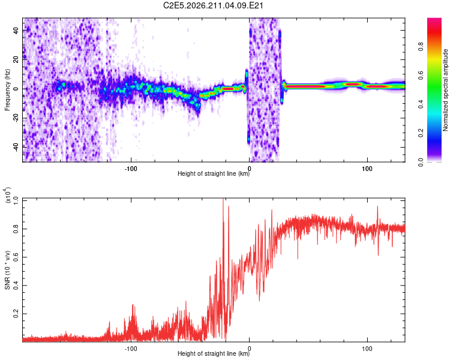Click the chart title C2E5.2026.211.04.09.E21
point(213,5)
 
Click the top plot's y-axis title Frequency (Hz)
point(7,90)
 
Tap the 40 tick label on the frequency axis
point(16,30)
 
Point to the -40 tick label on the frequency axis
point(16,147)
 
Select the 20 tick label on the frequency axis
point(16,59)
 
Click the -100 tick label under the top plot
point(131,169)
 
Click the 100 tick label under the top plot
point(367,169)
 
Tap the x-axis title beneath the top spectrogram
point(214,173)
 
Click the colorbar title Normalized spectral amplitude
point(445,90)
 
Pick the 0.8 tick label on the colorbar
point(421,47)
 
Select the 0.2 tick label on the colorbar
point(421,133)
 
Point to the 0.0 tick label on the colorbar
point(421,162)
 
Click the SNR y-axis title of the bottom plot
point(7,270)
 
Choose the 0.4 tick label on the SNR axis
point(16,286)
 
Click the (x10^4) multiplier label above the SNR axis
point(8,196)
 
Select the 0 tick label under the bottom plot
point(249,349)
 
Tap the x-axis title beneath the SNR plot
point(214,353)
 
